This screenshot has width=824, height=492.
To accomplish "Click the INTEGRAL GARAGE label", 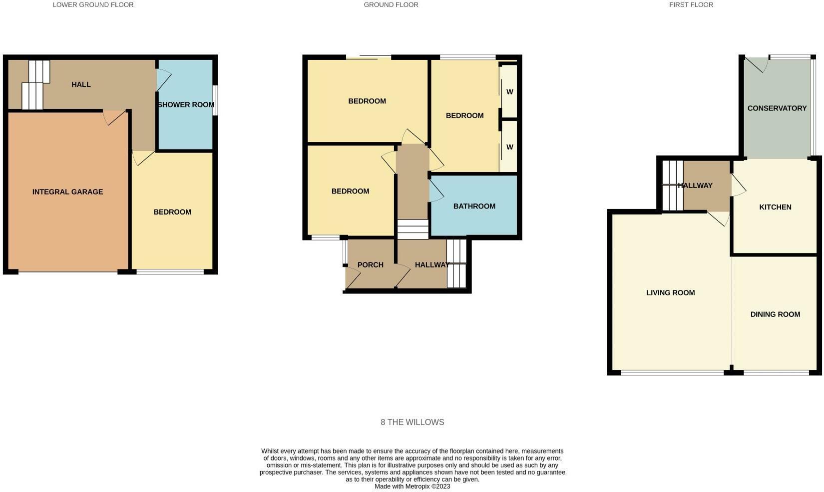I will pyautogui.click(x=67, y=192).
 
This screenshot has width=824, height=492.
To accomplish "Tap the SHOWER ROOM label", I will pyautogui.click(x=186, y=104).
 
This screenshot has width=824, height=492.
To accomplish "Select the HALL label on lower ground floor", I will pyautogui.click(x=81, y=84).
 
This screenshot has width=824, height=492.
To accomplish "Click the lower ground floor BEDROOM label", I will pyautogui.click(x=172, y=212).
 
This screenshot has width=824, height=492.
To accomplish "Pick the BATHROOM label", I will pyautogui.click(x=474, y=206).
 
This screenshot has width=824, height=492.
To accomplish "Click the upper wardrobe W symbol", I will pyautogui.click(x=509, y=92).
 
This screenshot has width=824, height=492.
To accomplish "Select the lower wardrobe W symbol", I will pyautogui.click(x=509, y=147).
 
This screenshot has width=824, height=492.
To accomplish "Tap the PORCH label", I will pyautogui.click(x=370, y=265).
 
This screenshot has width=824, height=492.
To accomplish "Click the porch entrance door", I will pyautogui.click(x=352, y=278).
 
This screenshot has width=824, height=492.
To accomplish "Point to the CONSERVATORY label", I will pyautogui.click(x=777, y=108).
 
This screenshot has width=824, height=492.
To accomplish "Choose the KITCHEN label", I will pyautogui.click(x=775, y=207).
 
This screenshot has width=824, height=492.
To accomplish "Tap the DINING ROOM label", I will pyautogui.click(x=775, y=314).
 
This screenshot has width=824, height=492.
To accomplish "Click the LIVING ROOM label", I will pyautogui.click(x=670, y=293).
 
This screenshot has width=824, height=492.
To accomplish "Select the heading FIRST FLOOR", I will pyautogui.click(x=691, y=5).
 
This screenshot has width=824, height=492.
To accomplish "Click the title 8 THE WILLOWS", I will pyautogui.click(x=412, y=422).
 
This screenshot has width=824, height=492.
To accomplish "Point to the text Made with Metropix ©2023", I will pyautogui.click(x=412, y=486).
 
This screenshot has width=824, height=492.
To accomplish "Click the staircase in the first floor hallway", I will pyautogui.click(x=672, y=185).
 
